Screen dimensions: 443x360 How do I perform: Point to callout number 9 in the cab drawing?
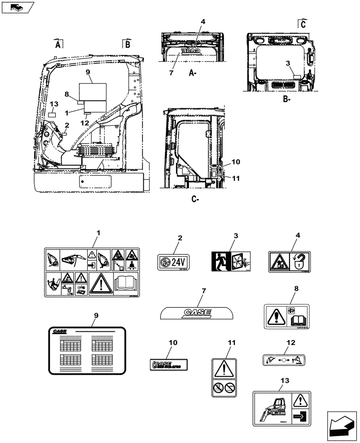pos(88,72)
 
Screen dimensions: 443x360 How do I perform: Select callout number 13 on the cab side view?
pos(53,104)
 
